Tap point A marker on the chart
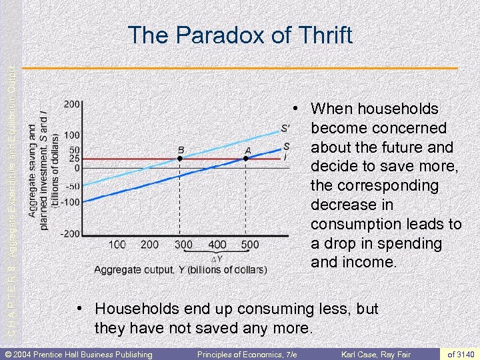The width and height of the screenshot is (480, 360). pyautogui.click(x=247, y=159)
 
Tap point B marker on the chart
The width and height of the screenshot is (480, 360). pyautogui.click(x=181, y=159)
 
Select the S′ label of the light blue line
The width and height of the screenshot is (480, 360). pyautogui.click(x=285, y=129)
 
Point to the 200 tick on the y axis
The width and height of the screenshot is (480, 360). pyautogui.click(x=73, y=104)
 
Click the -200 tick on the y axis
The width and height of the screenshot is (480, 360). pyautogui.click(x=71, y=233)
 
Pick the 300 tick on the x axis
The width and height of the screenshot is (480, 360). pyautogui.click(x=183, y=245)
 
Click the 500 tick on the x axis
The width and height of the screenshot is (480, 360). pyautogui.click(x=250, y=245)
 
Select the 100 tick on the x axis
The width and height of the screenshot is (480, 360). pyautogui.click(x=117, y=245)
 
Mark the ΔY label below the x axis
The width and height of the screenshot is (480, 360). pyautogui.click(x=216, y=259)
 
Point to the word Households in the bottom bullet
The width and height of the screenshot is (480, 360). pyautogui.click(x=136, y=309)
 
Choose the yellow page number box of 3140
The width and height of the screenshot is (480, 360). pyautogui.click(x=461, y=353)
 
